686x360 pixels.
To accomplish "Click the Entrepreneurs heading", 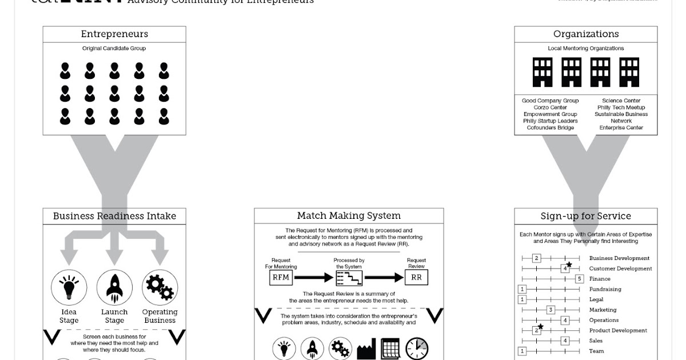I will coord(114,34).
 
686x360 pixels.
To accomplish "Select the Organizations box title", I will coord(585,34).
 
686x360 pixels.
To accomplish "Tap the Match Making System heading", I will coord(349,216).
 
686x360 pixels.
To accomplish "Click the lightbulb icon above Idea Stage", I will coord(69,287).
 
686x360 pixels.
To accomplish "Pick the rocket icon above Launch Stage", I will coord(114,287).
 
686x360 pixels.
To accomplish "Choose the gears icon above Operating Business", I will coord(159,287).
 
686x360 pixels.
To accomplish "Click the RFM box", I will coord(281,278).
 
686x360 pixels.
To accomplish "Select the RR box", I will coord(416,278).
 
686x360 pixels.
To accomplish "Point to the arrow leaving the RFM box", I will coord(313,278).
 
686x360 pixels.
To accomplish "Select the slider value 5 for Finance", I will coord(579,279).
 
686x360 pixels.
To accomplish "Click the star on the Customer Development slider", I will coord(569,265).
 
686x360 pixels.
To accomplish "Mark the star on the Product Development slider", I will coord(540,327).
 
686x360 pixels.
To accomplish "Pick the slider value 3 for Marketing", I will coord(551,310).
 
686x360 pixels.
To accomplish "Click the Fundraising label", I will coord(605,289).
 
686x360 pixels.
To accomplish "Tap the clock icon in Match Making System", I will coord(417,349).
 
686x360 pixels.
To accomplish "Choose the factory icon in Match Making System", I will coord(366,349).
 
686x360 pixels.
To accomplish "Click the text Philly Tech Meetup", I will coord(621,107).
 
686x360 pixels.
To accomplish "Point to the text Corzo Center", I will coord(550,107).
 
